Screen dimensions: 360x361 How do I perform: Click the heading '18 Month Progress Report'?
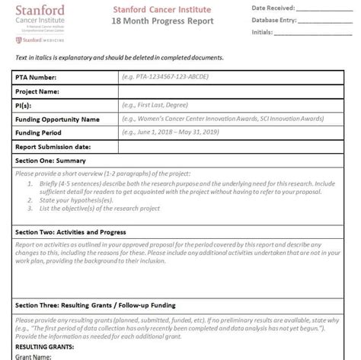coord(177,22)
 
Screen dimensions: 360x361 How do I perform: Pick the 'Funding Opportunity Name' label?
coord(58,119)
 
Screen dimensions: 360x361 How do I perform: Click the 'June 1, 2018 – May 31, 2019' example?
coord(180,132)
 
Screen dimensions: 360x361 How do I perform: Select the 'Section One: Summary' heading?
coord(50,161)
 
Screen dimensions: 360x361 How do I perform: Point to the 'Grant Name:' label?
coord(35,355)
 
